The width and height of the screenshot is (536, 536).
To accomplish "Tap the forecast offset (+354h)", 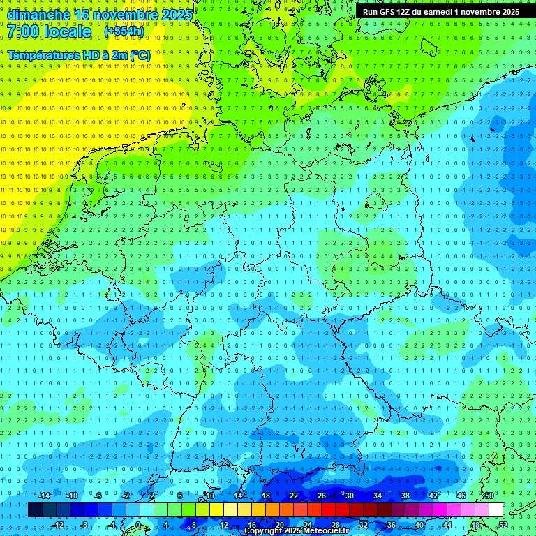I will point(124,31).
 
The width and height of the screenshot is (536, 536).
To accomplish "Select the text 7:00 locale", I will point(50,31).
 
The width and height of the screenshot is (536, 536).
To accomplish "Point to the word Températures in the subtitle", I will point(43,54).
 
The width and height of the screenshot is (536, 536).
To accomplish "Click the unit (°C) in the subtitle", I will point(140,54).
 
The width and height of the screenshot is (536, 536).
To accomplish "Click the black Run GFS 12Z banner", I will point(440,12).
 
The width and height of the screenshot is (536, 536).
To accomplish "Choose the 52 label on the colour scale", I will point(504,525).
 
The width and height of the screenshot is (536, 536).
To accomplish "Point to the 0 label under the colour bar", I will point(138,525).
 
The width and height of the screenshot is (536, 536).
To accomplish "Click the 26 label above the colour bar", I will point(322,496).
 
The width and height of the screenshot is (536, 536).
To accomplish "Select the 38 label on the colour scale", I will point(405,496).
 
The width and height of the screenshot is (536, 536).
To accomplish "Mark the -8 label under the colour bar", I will point(84,525).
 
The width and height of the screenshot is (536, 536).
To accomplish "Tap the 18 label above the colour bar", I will point(266,496).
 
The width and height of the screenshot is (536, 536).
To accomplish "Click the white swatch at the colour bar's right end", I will point(496,509).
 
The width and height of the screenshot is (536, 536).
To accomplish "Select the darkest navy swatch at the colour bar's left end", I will point(35,509).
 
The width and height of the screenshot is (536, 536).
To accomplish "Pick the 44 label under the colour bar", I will point(447,525).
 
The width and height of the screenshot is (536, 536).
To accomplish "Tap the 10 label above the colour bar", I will point(210,496).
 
